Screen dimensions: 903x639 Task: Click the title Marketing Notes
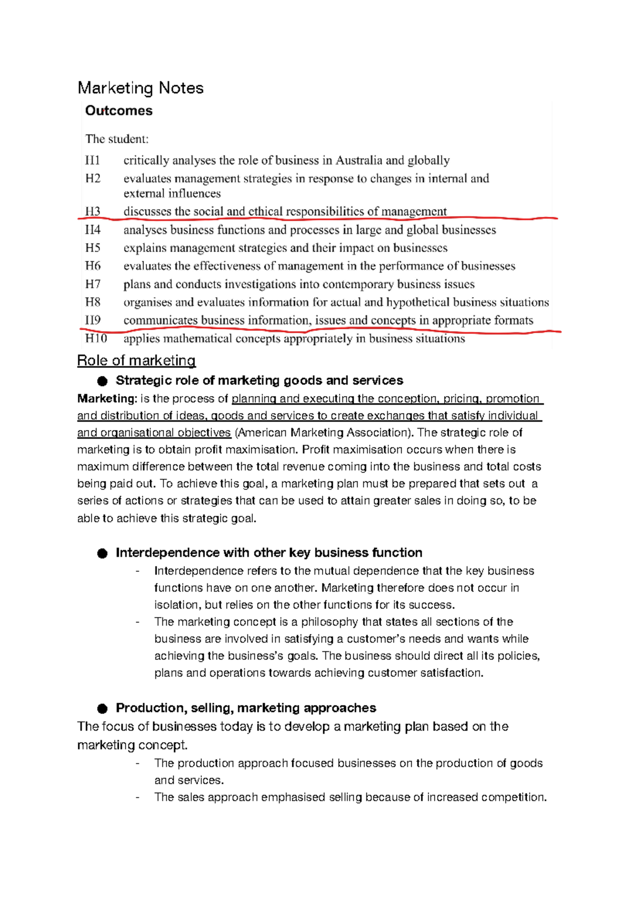141,88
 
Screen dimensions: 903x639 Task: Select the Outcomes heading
119,111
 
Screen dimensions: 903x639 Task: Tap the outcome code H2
93,178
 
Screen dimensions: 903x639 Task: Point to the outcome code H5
93,248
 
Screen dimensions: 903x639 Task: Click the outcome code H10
96,339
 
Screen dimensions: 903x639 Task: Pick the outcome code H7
93,284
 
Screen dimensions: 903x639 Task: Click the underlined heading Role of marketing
136,360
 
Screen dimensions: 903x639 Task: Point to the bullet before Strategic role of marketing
102,381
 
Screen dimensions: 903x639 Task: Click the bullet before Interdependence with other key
102,553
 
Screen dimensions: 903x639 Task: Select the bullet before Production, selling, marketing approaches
102,708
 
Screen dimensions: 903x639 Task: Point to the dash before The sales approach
138,797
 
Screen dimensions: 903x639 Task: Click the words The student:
117,139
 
